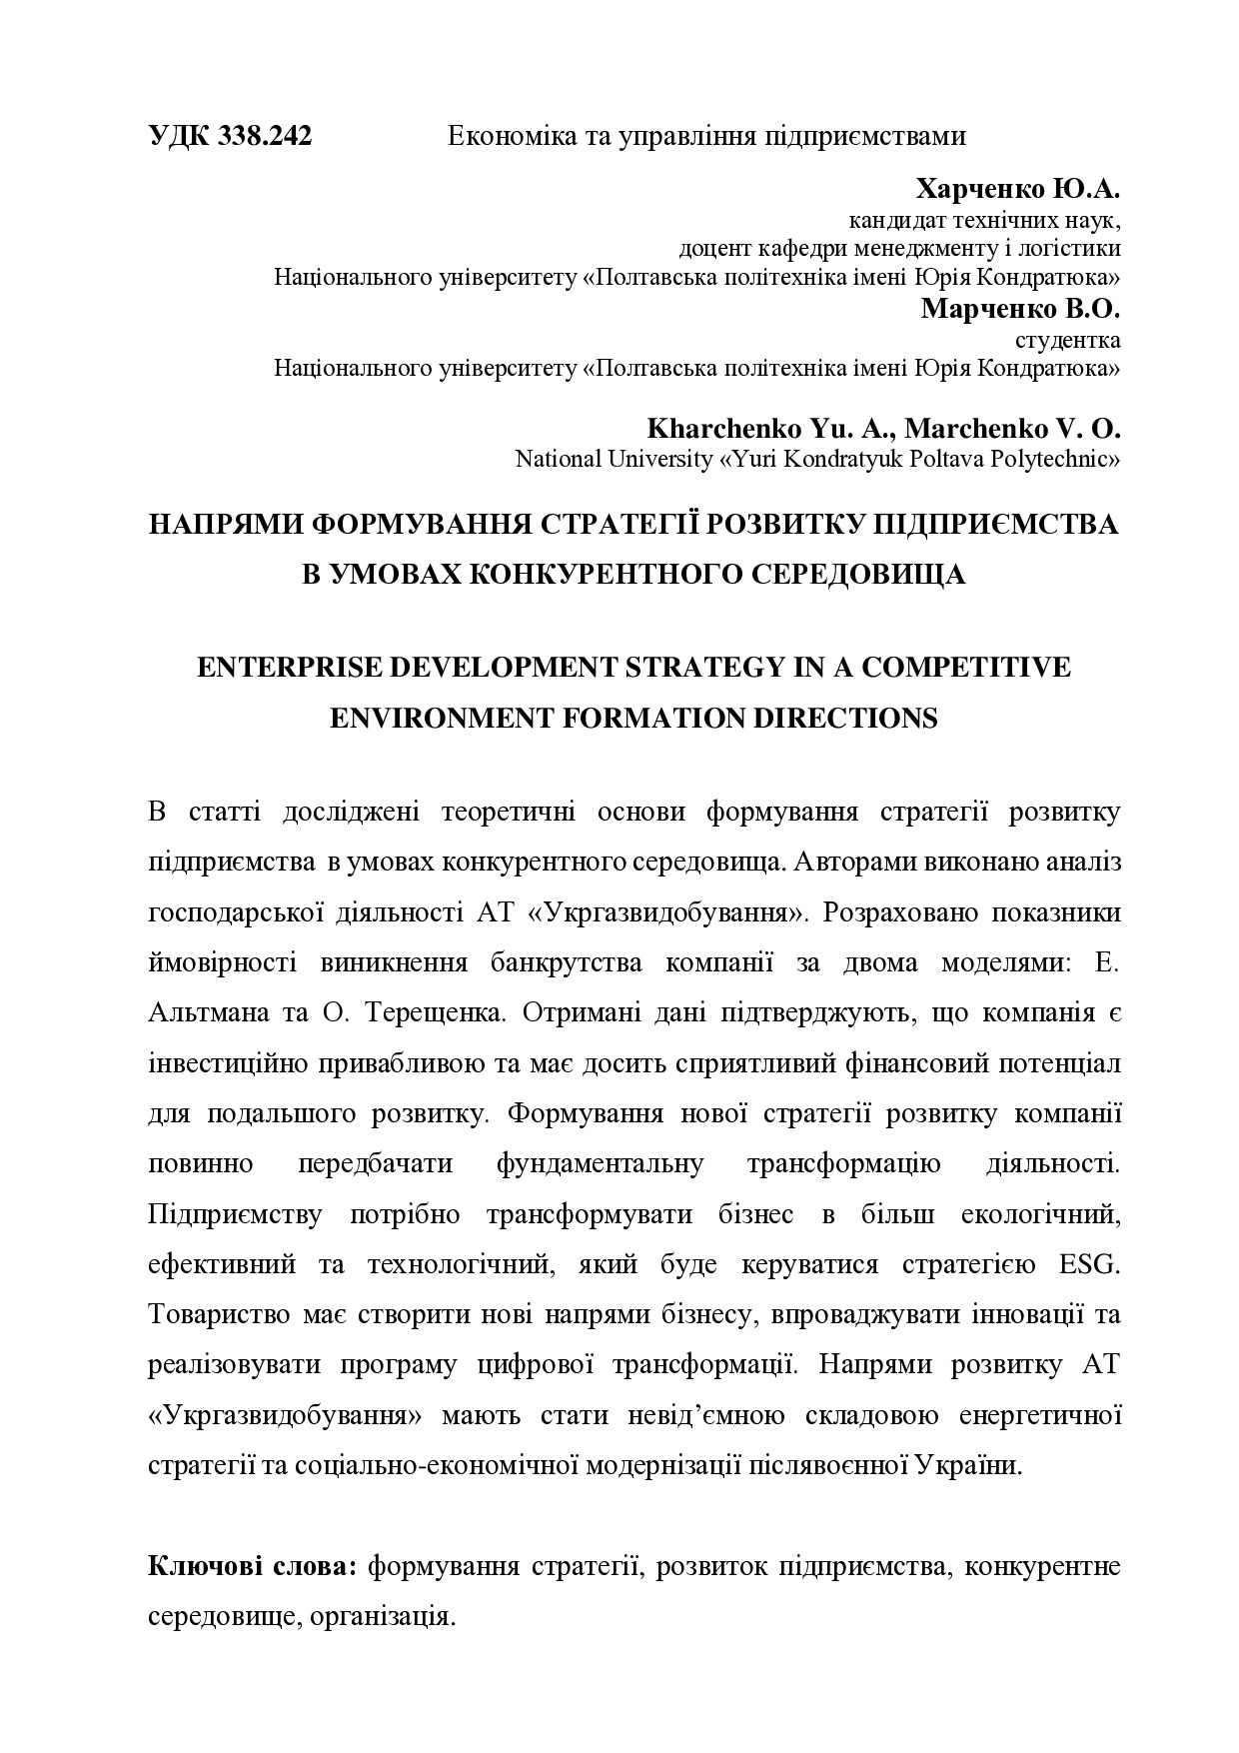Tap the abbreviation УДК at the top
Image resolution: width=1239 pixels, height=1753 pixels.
[x=179, y=136]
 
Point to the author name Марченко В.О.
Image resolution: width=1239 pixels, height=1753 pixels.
[x=1020, y=308]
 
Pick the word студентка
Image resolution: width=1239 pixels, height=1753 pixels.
[x=1067, y=339]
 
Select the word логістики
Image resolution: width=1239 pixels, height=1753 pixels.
[x=1071, y=248]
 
